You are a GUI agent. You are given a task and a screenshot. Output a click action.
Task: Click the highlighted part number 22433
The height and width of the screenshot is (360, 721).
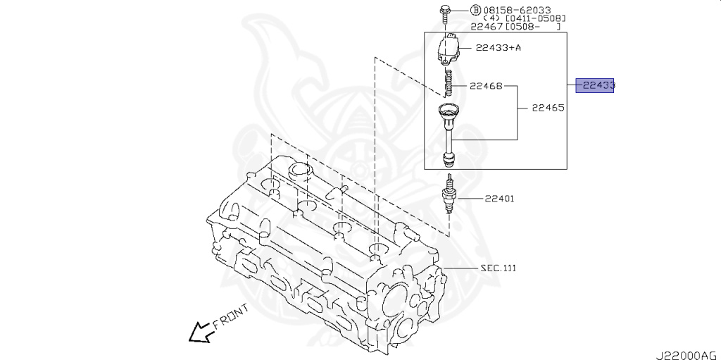point(596,85)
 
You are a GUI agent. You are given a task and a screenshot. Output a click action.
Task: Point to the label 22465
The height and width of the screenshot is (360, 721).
point(548,108)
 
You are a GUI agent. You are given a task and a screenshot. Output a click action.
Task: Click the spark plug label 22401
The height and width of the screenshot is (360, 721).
point(499,198)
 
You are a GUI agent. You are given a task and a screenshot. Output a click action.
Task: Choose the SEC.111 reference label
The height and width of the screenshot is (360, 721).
point(498,268)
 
